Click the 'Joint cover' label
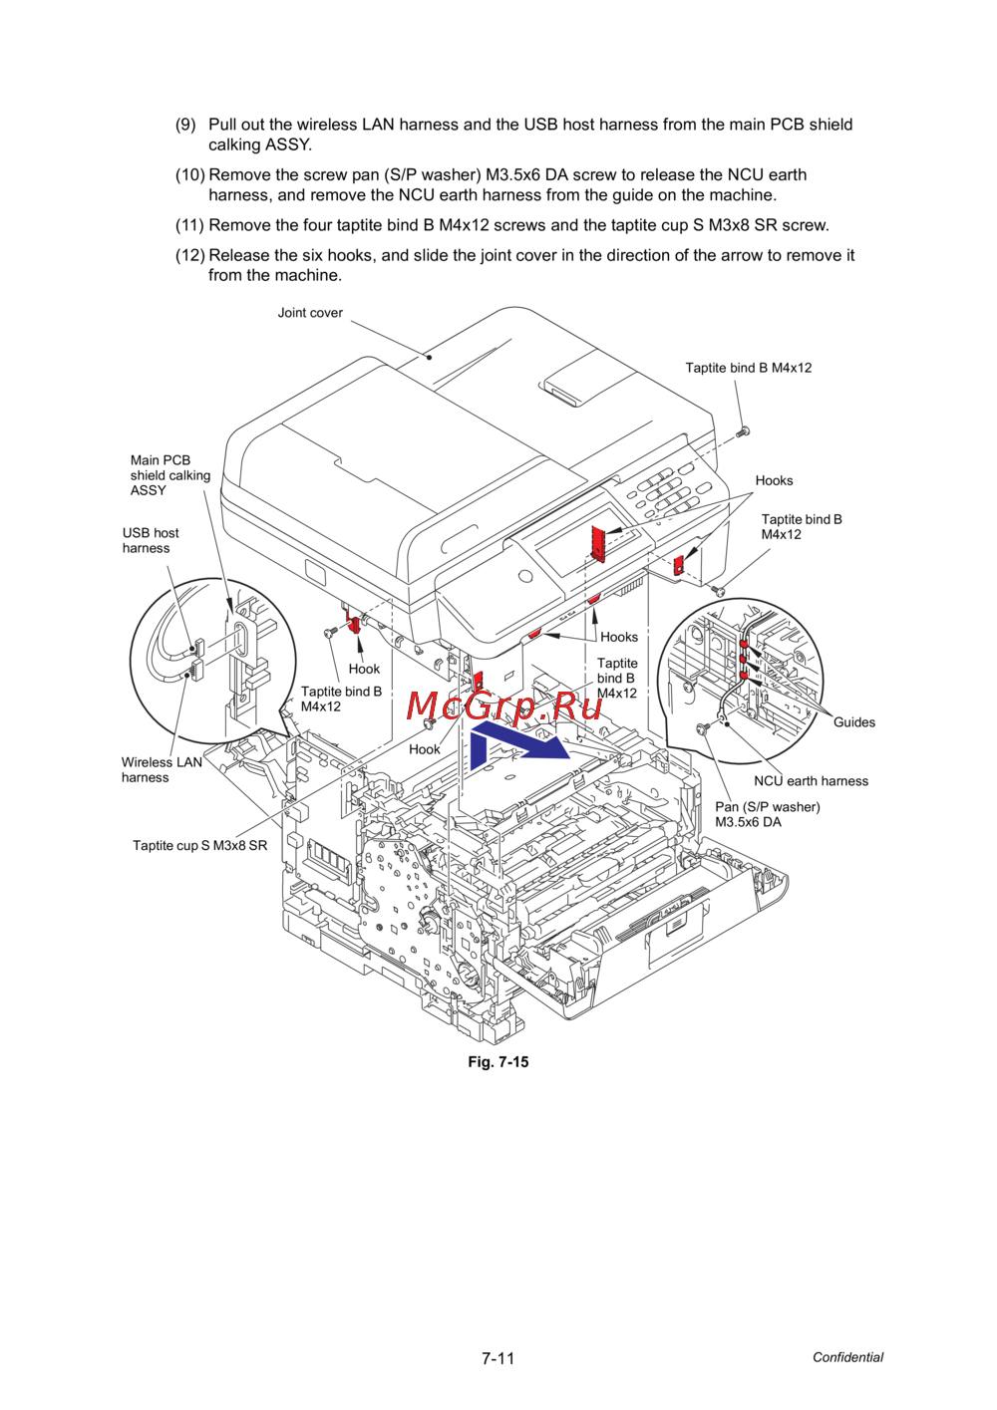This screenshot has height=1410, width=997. [310, 313]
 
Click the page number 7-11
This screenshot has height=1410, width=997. [498, 1358]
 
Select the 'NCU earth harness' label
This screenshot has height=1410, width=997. [812, 781]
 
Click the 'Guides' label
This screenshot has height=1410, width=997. [854, 722]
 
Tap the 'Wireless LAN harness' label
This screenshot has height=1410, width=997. [162, 770]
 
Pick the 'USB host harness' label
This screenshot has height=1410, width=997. [151, 540]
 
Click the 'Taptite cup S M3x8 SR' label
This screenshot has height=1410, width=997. [199, 845]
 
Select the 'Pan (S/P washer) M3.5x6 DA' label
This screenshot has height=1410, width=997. [767, 814]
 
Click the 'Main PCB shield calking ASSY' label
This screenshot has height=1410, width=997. [170, 475]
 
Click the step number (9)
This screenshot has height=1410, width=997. [185, 125]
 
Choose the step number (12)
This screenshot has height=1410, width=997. [189, 255]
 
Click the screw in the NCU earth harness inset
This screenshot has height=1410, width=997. [701, 728]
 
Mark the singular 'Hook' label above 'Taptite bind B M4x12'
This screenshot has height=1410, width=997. [364, 669]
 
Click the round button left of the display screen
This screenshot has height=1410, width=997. [524, 575]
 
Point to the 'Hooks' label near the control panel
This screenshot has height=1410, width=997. [774, 480]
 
